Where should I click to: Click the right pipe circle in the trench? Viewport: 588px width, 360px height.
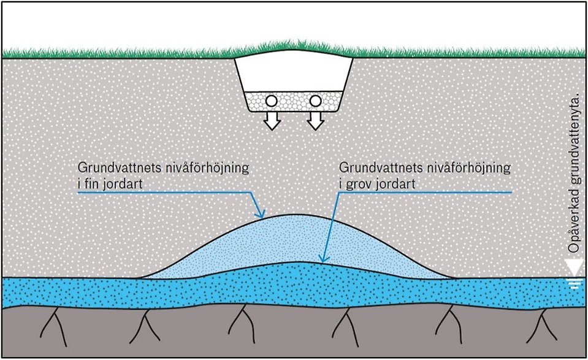(316, 101)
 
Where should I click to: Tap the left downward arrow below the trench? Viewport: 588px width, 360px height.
(272, 122)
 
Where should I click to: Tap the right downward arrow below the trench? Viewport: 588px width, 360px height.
(316, 122)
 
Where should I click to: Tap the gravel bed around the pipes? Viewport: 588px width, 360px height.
(294, 101)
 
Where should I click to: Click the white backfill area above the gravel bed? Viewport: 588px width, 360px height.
(294, 74)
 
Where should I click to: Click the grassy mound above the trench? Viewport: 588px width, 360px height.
(294, 48)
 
